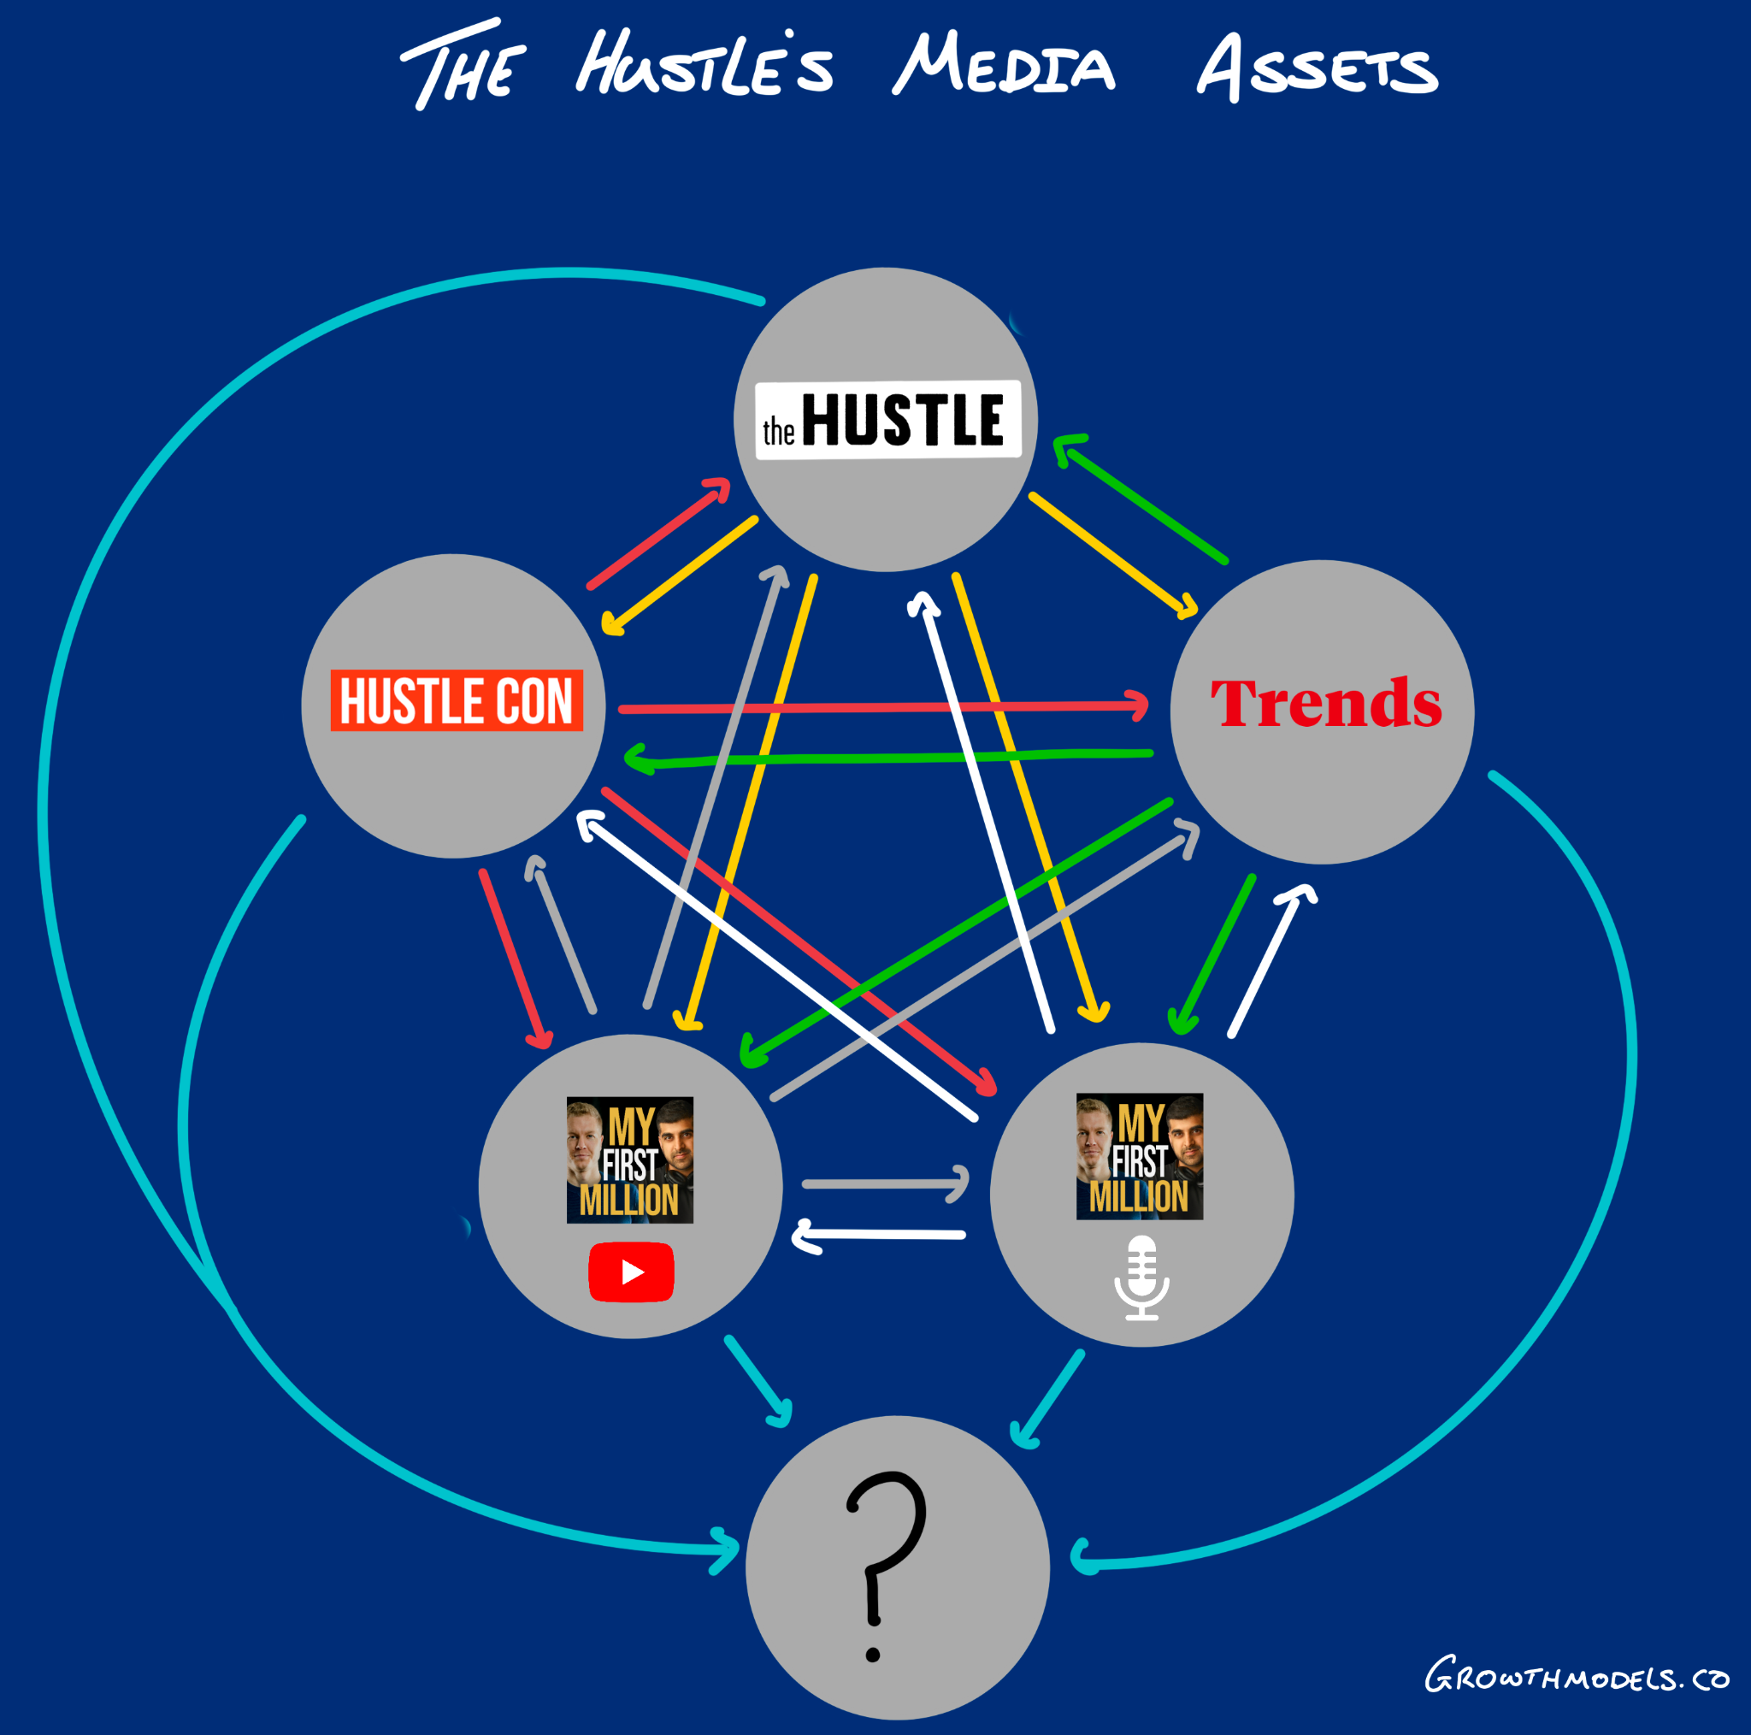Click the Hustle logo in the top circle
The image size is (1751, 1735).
click(x=888, y=420)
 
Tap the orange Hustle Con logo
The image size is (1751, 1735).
click(x=456, y=700)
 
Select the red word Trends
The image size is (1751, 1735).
click(x=1325, y=704)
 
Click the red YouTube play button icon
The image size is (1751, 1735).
click(x=631, y=1272)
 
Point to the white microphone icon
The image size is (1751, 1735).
click(x=1141, y=1278)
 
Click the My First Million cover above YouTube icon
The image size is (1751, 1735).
click(x=630, y=1160)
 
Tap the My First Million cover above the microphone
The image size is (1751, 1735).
click(x=1139, y=1157)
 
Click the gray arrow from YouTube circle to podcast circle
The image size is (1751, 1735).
click(x=884, y=1183)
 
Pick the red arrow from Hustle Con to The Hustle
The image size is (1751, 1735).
click(x=658, y=534)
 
